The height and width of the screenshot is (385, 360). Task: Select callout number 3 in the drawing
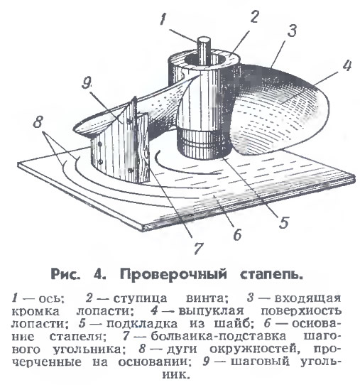point(292,31)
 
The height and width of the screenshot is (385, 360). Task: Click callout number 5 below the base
point(284,223)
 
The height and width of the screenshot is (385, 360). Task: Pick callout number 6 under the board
point(237,234)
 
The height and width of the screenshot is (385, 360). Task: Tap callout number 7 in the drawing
point(198,249)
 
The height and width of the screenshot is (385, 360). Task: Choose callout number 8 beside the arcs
point(38,121)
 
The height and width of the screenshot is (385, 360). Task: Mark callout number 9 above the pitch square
point(86,83)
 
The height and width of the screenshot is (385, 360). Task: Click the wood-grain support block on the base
point(143,147)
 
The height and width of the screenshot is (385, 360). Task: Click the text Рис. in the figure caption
point(65,273)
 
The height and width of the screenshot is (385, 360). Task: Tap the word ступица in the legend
point(140,299)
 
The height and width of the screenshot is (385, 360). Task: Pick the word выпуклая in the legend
point(211,311)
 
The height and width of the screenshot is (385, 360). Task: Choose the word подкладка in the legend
point(142,324)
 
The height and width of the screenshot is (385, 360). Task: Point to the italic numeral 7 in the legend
point(126,336)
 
